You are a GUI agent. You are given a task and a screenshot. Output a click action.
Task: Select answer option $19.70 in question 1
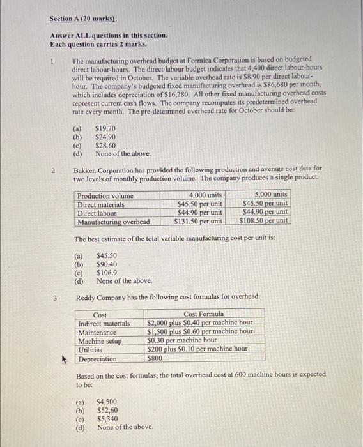click(105, 128)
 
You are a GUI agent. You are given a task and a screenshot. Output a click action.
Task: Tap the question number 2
click(56, 170)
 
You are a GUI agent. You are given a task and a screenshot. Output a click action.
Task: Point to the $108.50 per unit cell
click(264, 222)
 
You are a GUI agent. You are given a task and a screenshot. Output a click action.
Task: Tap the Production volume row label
click(105, 195)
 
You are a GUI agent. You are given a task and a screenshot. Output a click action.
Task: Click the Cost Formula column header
click(203, 315)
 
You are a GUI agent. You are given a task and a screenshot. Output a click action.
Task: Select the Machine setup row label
click(99, 341)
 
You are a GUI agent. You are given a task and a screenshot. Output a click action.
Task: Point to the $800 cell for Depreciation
click(156, 358)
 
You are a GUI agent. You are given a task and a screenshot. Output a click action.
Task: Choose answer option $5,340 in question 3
click(107, 419)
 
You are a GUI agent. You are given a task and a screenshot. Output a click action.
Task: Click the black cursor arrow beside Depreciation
click(64, 358)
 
